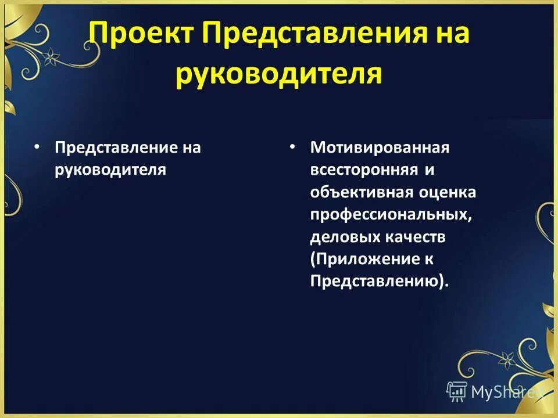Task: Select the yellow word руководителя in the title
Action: click(279, 75)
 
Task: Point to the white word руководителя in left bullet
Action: click(110, 170)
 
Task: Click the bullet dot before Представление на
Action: click(37, 147)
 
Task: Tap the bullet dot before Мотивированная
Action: click(293, 147)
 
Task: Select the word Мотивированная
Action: click(380, 147)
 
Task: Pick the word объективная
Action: click(361, 192)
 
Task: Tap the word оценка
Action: click(446, 192)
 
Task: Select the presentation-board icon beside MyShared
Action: click(457, 391)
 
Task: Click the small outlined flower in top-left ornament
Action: click(52, 56)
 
